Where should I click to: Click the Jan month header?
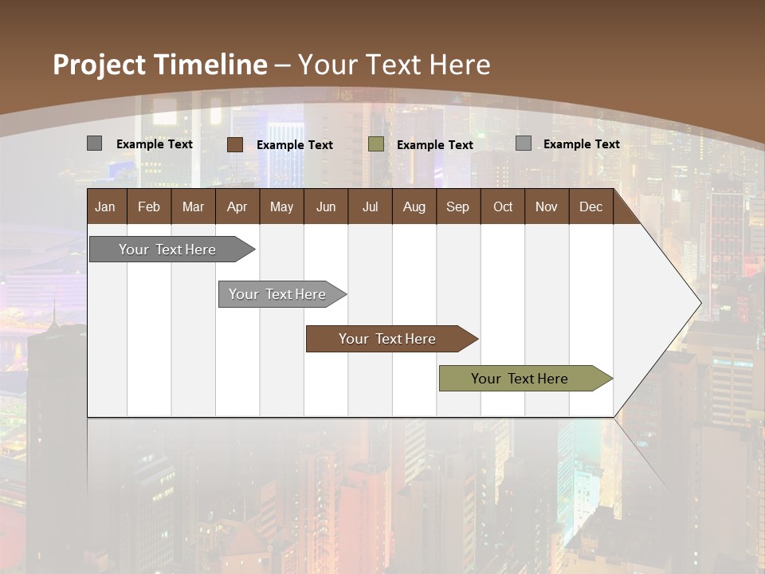coord(106,206)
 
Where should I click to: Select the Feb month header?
coord(149,206)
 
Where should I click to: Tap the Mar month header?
coord(193,206)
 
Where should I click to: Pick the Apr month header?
coord(237,206)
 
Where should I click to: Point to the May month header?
coord(281,206)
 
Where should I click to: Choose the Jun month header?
coord(326,206)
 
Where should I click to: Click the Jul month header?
coord(370,206)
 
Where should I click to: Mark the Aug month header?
coord(414,206)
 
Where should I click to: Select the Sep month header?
coord(458,206)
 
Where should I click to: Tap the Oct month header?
coord(503,206)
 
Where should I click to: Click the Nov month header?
coord(547,206)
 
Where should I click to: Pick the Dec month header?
coord(591,206)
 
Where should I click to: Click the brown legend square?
coord(235,144)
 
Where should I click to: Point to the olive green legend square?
coord(376,144)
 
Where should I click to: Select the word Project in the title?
coord(100,65)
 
